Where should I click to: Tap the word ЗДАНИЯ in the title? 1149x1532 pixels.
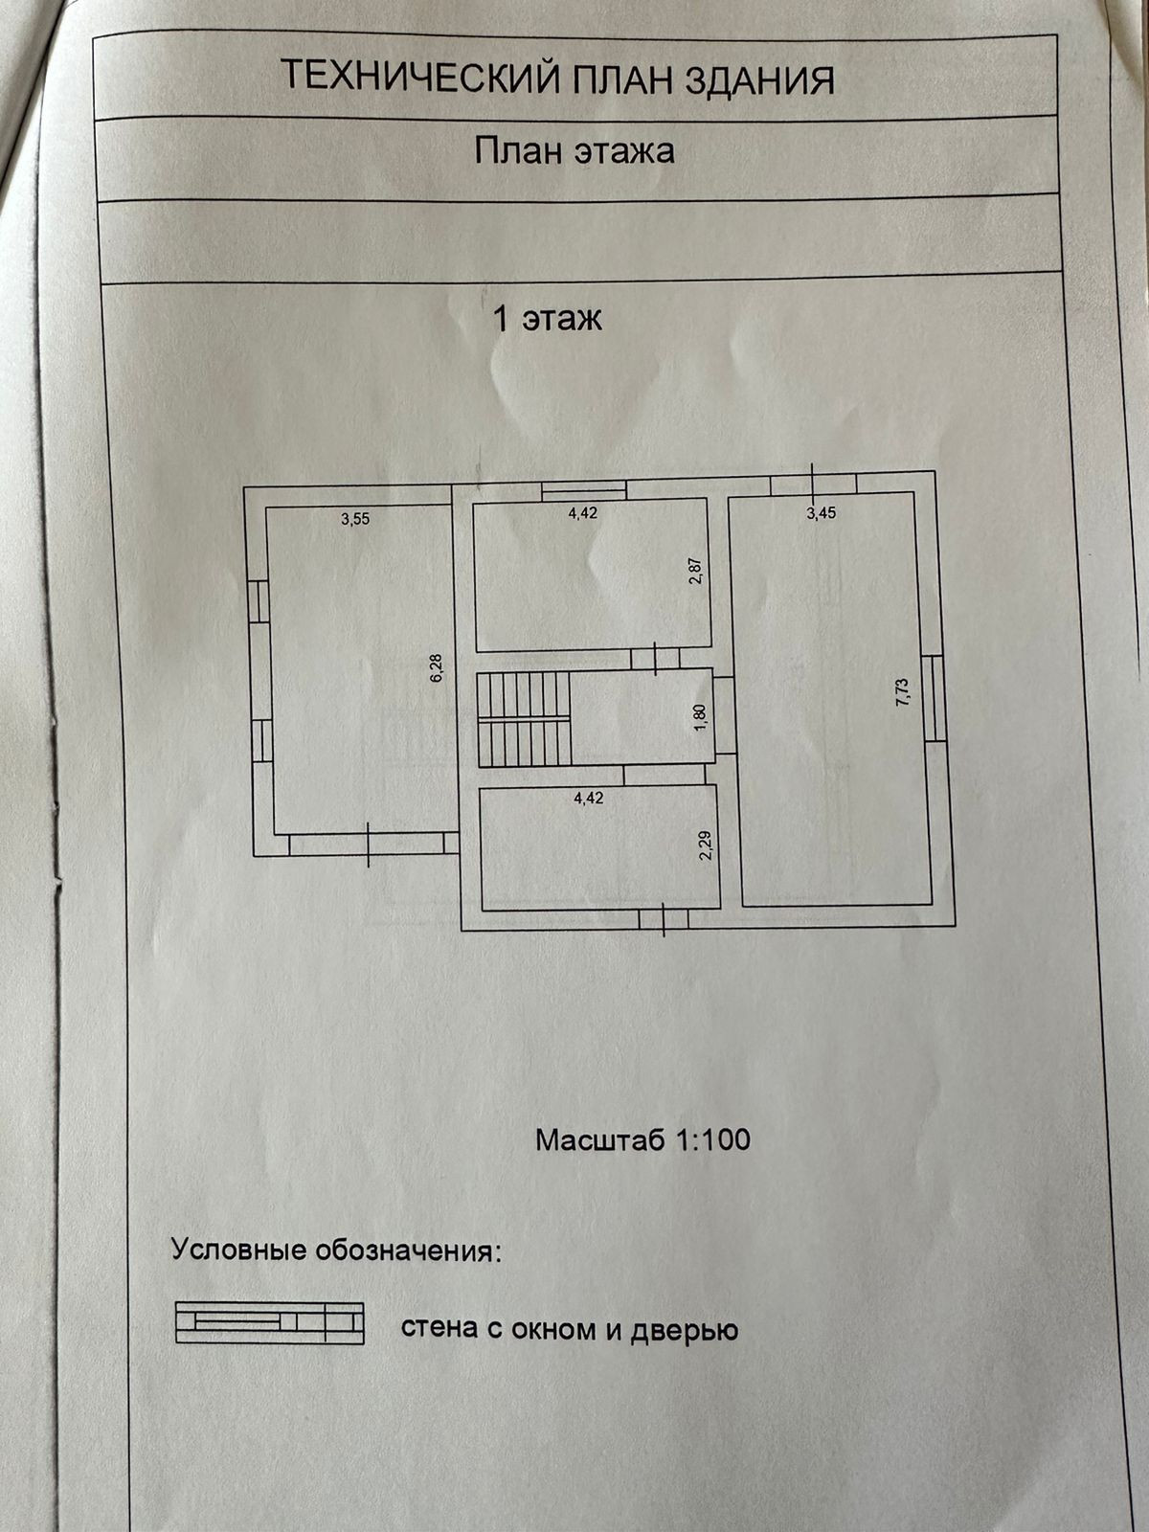click(x=759, y=80)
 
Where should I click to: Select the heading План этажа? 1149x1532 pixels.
click(x=574, y=150)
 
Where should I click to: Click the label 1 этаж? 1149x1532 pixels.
click(x=547, y=318)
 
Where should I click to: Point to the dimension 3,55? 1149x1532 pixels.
click(x=355, y=520)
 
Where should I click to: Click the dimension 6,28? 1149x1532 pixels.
click(x=438, y=666)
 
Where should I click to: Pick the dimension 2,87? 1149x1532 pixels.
click(x=696, y=572)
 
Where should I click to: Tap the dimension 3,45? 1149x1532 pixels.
click(x=822, y=513)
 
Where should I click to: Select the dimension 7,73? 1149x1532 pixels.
click(x=903, y=691)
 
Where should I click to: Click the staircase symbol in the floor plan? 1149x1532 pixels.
click(x=524, y=718)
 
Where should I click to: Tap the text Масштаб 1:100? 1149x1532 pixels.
click(x=642, y=1140)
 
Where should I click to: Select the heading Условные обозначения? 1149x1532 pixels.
click(x=336, y=1250)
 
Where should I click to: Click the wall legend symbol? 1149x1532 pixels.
click(x=269, y=1322)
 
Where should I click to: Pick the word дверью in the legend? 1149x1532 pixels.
click(x=685, y=1330)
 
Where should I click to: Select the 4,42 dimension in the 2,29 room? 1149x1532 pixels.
click(x=588, y=799)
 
